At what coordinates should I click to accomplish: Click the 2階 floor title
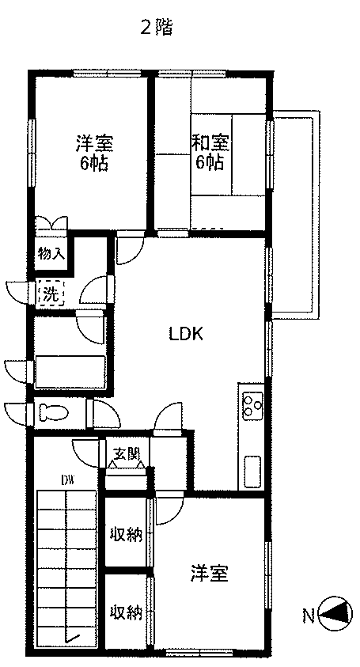tap(156, 28)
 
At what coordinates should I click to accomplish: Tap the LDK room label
tap(186, 334)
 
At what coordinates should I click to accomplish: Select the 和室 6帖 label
tap(210, 152)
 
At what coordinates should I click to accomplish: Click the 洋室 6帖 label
tap(94, 152)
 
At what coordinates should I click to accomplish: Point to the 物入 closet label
tap(51, 254)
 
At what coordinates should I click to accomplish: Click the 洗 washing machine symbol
tap(51, 293)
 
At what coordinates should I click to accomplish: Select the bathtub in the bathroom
tap(70, 371)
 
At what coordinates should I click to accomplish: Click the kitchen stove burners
tap(252, 405)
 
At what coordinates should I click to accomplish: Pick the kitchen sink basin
tap(252, 472)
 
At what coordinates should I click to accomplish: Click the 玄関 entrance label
tap(127, 454)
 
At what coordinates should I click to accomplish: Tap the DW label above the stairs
tap(67, 481)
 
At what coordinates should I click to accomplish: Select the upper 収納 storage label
tap(126, 534)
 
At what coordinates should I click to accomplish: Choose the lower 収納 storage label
tap(126, 612)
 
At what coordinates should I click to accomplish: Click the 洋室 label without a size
tap(210, 574)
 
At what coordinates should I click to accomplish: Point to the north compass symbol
tap(335, 613)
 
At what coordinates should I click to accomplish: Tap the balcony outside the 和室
tap(296, 215)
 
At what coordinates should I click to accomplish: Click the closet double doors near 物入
tap(51, 224)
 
